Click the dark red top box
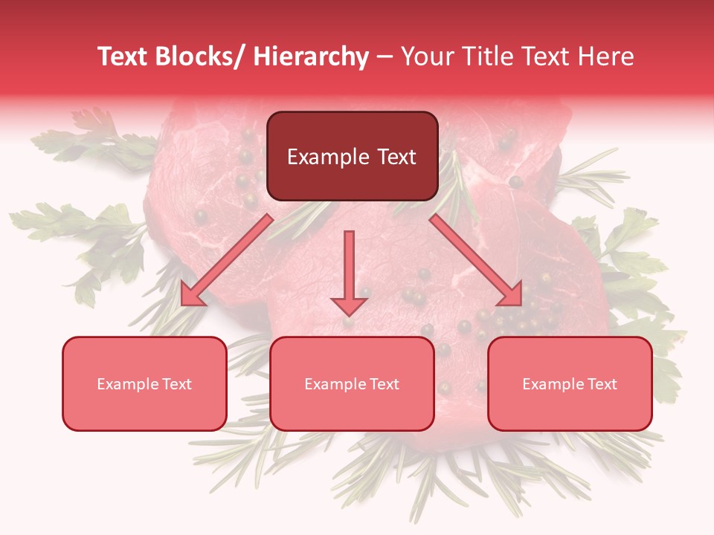352,156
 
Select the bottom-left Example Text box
144,383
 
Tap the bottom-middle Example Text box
352,383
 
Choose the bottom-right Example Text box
570,383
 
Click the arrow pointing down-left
227,260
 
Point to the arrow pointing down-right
476,260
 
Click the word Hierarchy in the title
311,56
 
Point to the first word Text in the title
123,56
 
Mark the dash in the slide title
385,56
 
